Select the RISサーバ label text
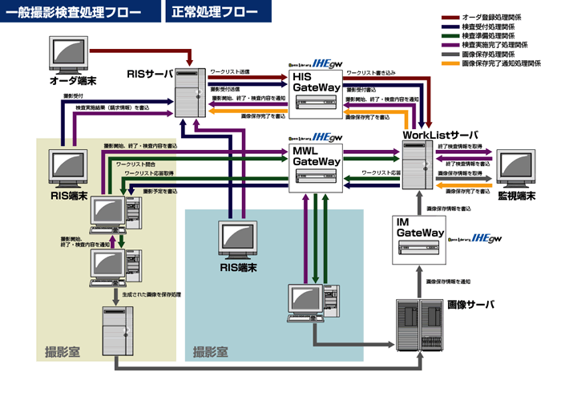click(150, 75)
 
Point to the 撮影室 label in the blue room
click(210, 351)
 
